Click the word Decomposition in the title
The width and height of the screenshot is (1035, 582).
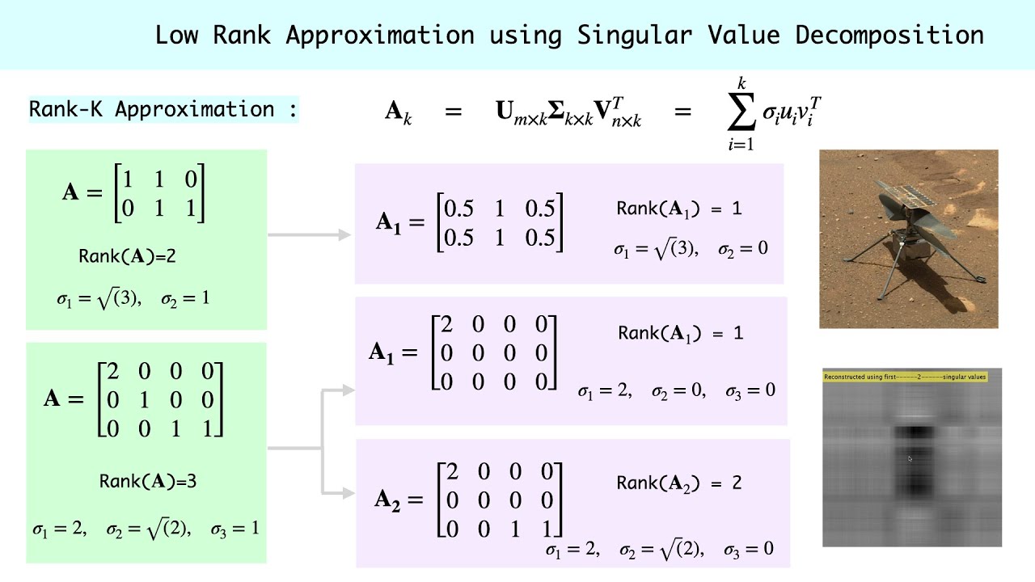(x=889, y=35)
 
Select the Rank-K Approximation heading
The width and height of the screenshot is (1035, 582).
(x=163, y=109)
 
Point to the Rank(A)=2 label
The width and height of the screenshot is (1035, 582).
(x=127, y=256)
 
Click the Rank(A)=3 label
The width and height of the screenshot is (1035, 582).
(x=147, y=481)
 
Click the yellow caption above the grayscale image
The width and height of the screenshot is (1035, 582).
(x=904, y=377)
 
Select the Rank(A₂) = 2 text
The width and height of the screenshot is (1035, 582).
(x=678, y=483)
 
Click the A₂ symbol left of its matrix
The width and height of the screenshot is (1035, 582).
(x=399, y=500)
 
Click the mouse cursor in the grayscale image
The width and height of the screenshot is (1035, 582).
(x=910, y=459)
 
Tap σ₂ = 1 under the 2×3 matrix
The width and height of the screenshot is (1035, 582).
(x=184, y=298)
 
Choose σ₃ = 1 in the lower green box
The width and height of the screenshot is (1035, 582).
(x=234, y=529)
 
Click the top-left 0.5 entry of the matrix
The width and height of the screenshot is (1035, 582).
(x=458, y=209)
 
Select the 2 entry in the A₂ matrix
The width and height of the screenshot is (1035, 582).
(x=451, y=472)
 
